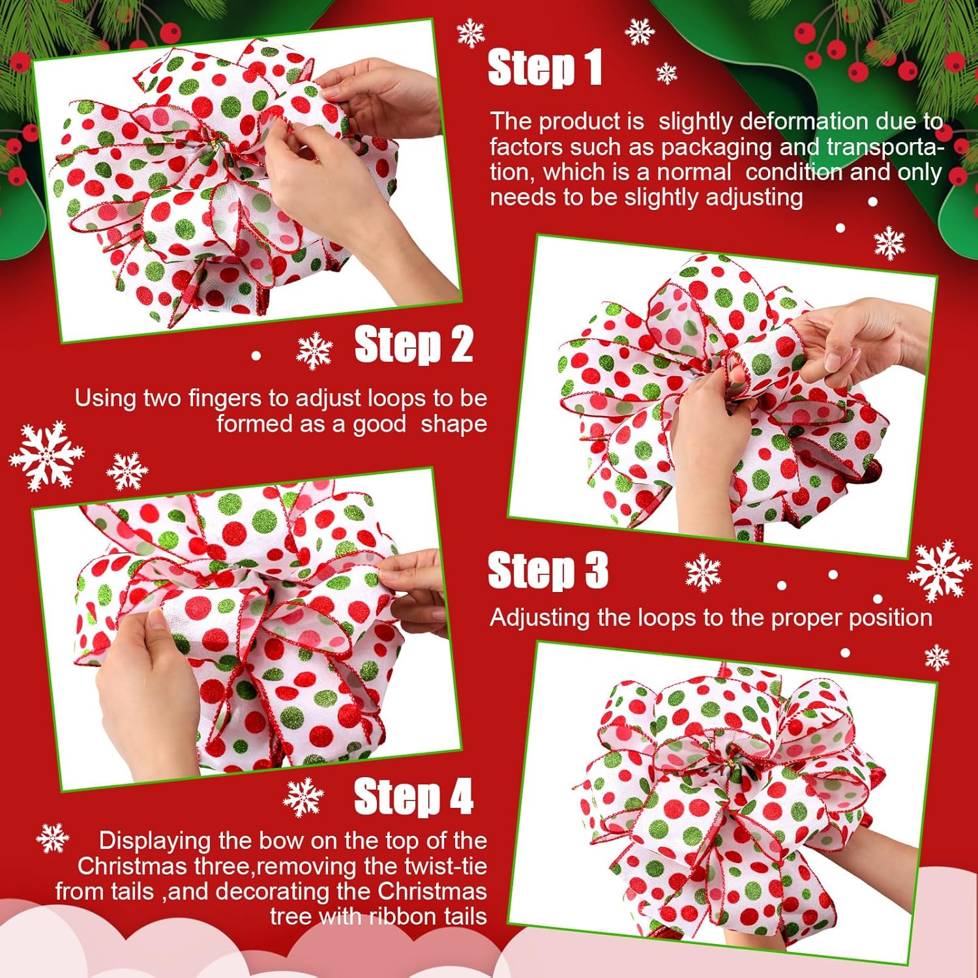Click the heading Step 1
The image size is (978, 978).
(545, 68)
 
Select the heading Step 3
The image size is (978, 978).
(548, 570)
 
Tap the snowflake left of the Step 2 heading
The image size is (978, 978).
(314, 350)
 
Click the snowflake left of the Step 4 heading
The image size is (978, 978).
(303, 797)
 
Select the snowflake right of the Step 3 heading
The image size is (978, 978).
(703, 572)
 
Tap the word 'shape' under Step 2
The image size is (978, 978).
(454, 424)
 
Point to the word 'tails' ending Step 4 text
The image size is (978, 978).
(466, 917)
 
